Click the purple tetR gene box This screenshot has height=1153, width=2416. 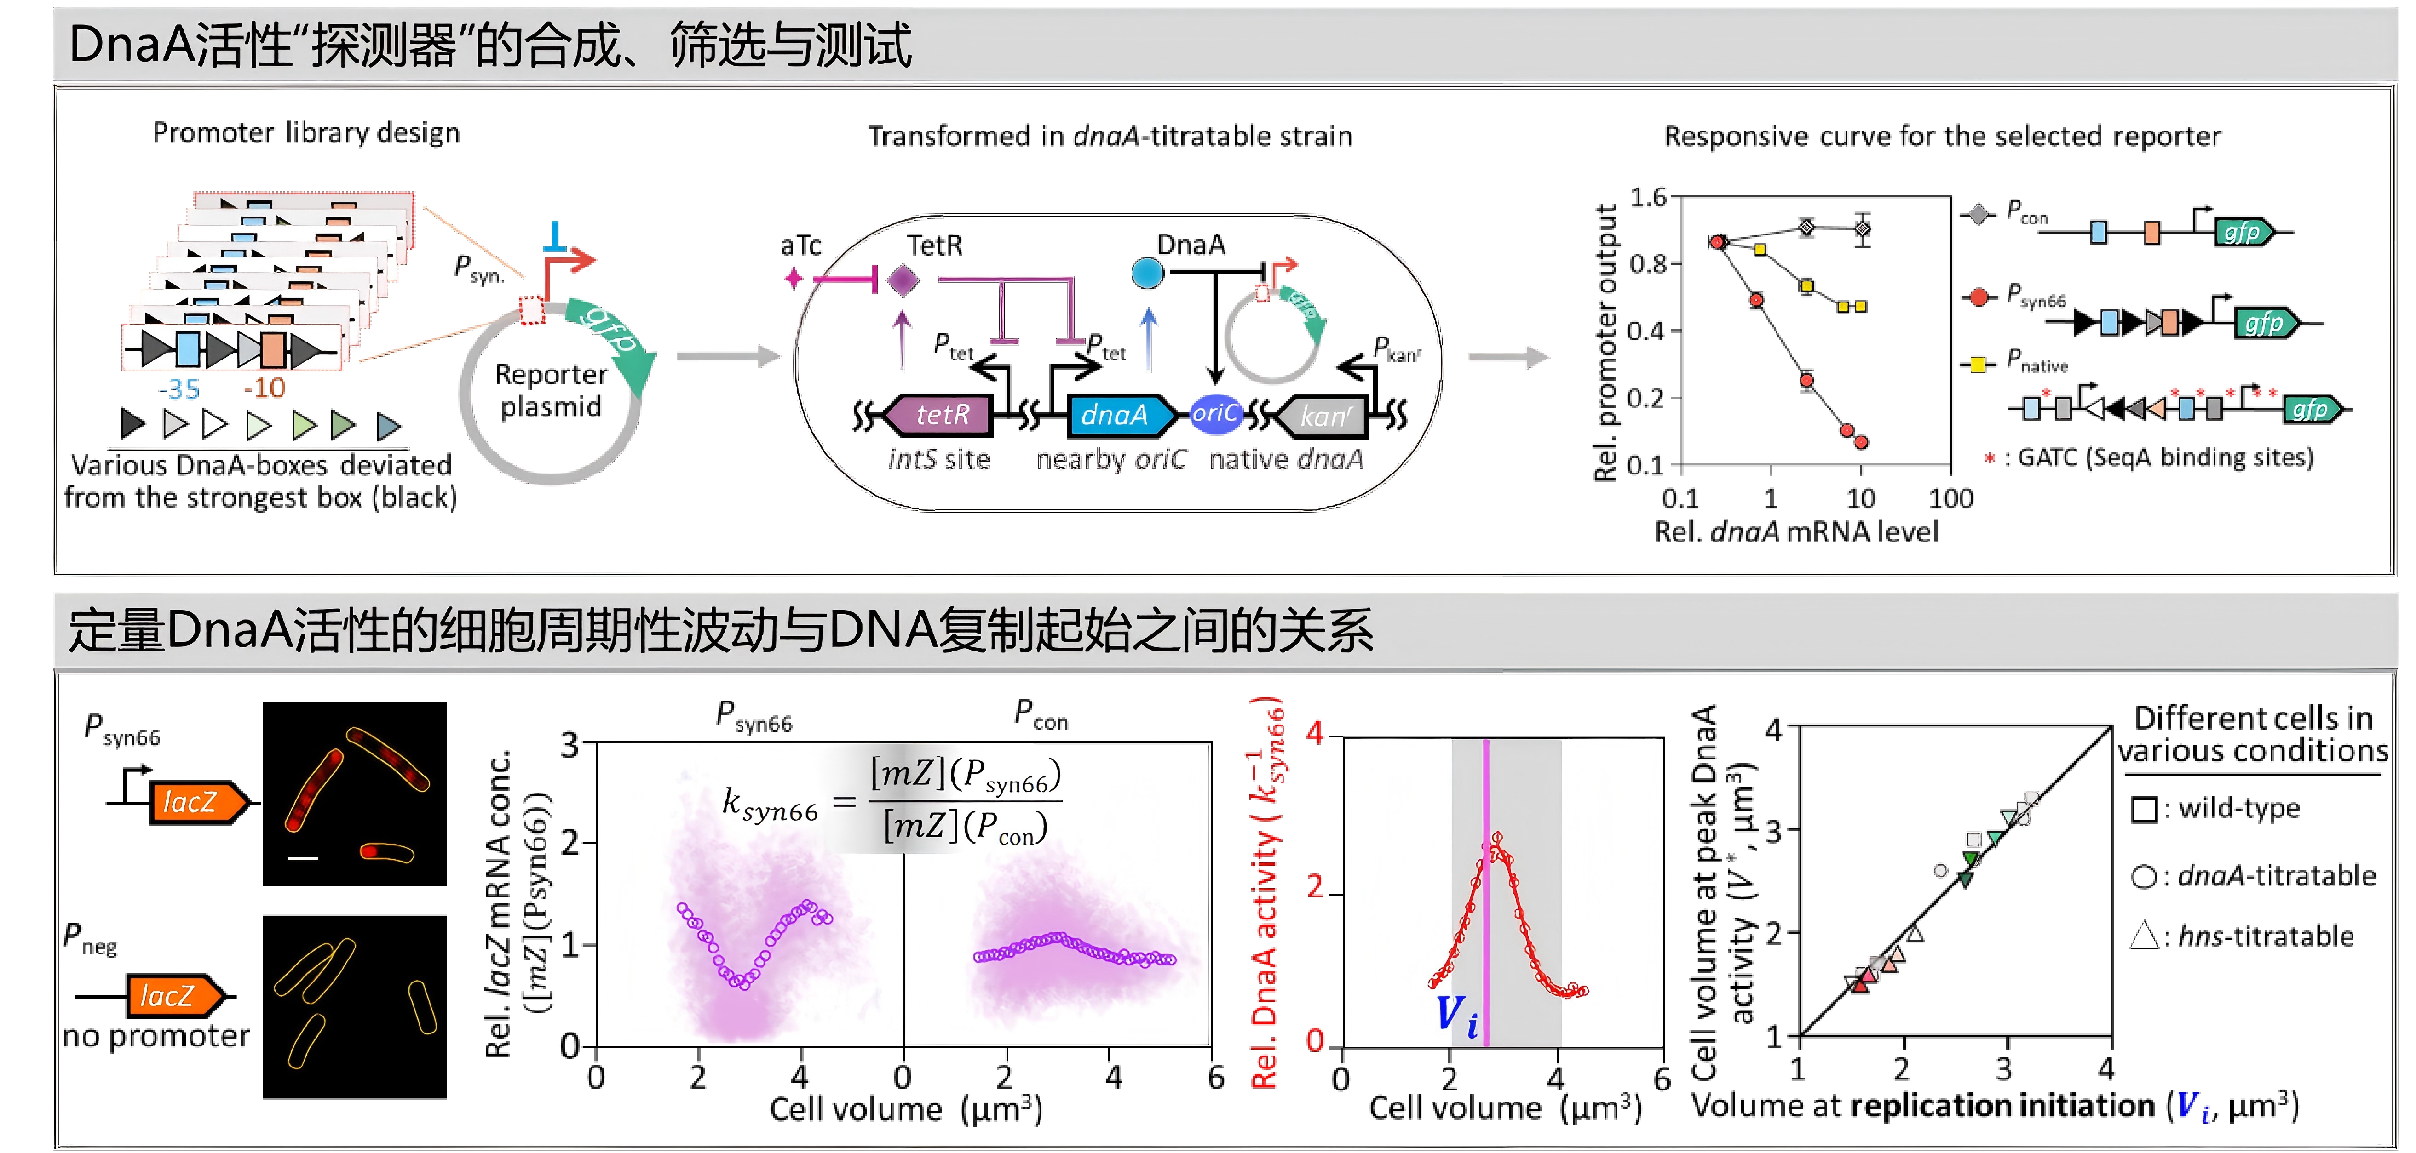click(x=941, y=414)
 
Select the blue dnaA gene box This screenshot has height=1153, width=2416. click(x=1116, y=414)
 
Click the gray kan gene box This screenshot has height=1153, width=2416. click(x=1324, y=415)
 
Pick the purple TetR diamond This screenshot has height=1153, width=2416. click(x=902, y=280)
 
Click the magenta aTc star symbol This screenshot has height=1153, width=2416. click(x=794, y=279)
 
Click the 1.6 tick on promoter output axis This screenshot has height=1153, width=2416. click(x=1648, y=197)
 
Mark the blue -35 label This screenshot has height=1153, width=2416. click(x=179, y=388)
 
